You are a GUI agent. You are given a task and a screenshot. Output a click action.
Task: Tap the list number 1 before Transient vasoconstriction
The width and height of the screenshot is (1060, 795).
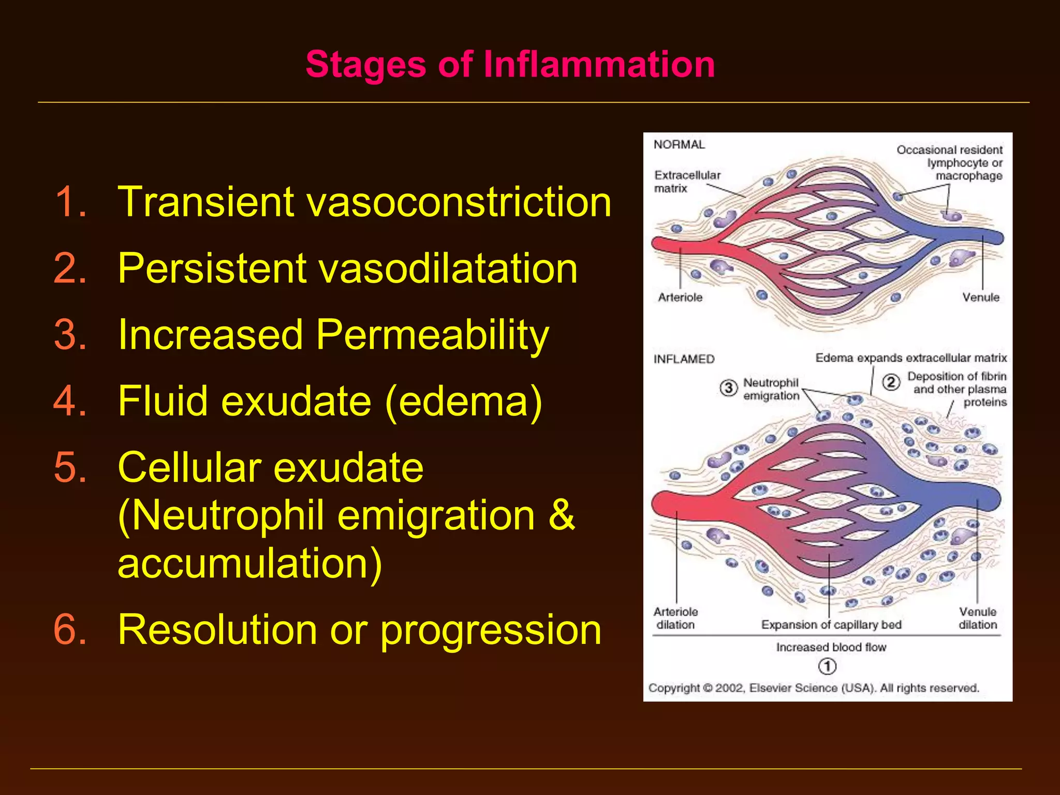point(70,201)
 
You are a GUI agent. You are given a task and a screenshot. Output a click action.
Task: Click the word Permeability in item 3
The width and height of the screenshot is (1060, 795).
point(432,335)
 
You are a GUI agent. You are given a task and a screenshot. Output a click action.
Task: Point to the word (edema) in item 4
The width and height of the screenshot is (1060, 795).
point(464,402)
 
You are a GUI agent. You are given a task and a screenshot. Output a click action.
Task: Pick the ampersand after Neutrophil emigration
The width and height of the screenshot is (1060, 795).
point(561,516)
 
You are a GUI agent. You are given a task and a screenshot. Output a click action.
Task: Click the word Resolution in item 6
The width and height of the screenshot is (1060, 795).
point(217,630)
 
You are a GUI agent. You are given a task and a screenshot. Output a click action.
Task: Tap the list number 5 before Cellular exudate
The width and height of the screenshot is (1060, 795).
point(70,467)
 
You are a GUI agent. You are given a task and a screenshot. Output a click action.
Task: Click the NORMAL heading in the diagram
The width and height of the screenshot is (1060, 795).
point(679,145)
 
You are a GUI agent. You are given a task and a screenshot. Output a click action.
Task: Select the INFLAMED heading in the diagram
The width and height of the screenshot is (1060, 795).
point(684,359)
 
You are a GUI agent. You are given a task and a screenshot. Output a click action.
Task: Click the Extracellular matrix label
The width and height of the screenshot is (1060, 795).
point(686,182)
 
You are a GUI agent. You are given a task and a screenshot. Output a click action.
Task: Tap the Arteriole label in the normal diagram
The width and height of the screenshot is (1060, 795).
point(680,298)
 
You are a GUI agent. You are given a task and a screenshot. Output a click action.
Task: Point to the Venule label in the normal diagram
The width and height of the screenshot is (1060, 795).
point(980,298)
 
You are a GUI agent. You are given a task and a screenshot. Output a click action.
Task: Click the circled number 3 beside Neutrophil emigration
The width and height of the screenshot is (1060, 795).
point(728,388)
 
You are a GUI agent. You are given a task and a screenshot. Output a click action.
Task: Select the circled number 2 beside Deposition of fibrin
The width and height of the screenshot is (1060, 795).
point(891,382)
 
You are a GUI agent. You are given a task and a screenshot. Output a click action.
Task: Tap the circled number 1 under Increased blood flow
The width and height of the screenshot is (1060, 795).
point(827,666)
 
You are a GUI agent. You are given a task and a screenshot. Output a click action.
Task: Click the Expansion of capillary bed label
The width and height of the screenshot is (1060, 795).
point(831,625)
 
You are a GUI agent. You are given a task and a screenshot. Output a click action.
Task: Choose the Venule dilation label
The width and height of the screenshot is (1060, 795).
point(977,619)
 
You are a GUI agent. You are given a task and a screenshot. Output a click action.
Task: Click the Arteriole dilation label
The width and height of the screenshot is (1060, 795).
point(675,619)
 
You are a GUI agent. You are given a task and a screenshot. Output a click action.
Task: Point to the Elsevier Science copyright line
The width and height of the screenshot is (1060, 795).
point(814,688)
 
